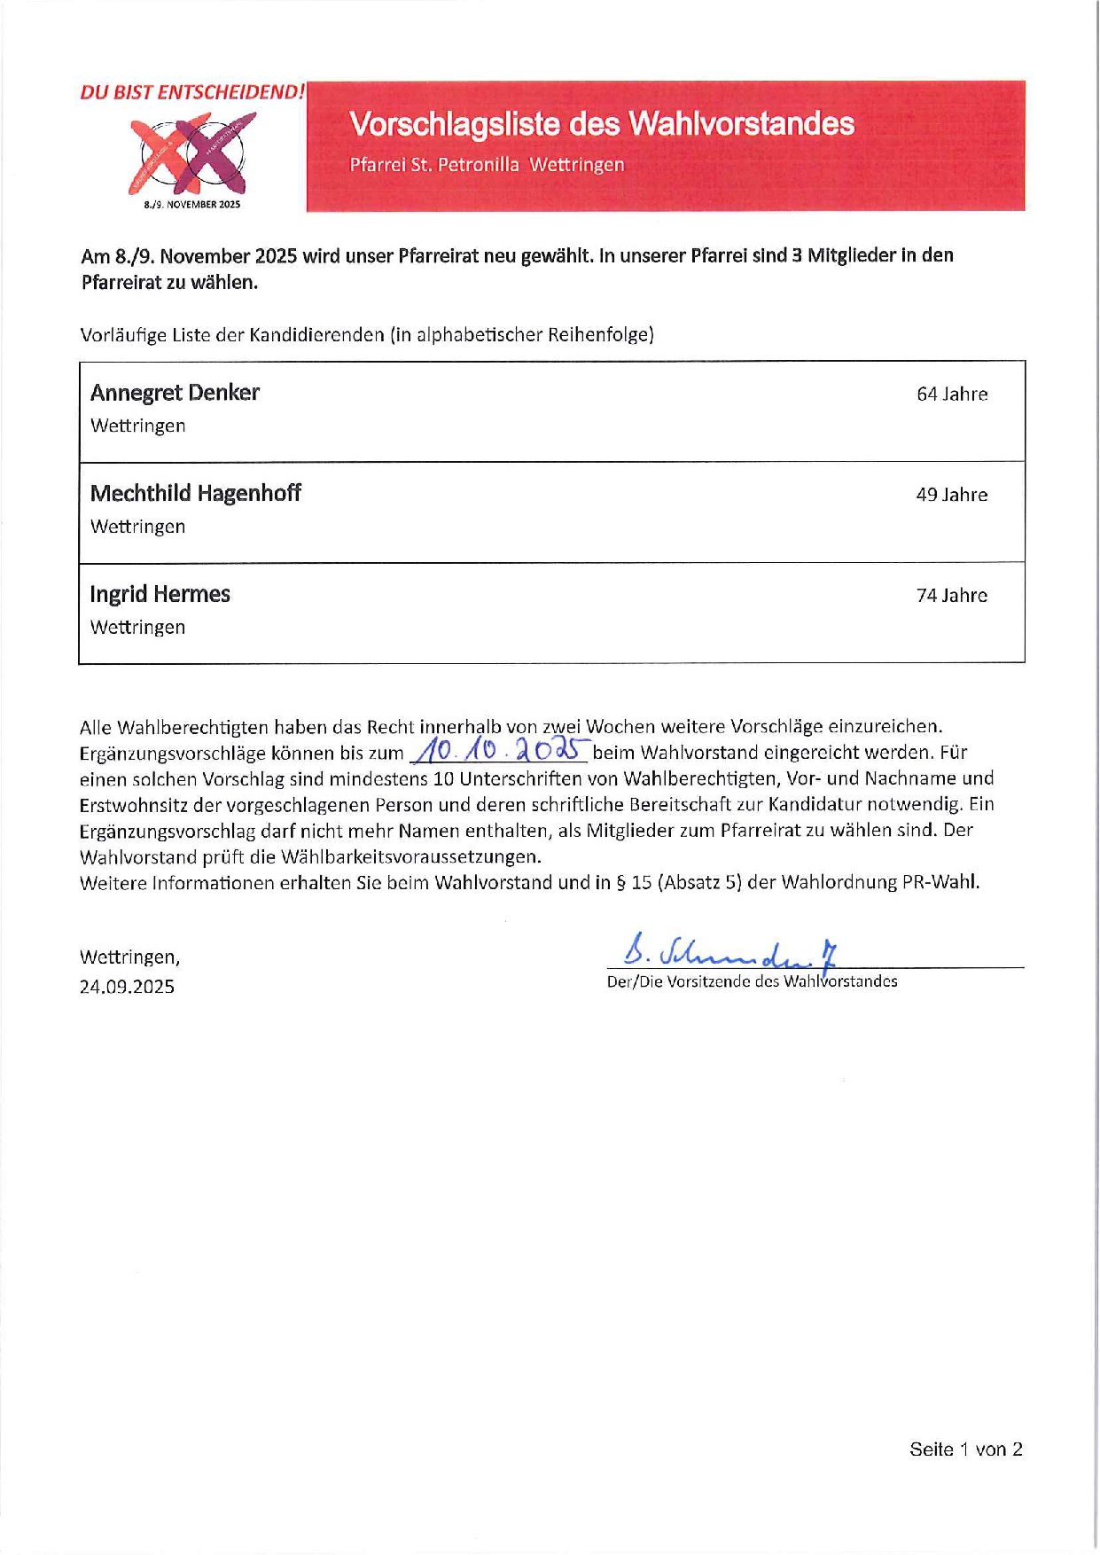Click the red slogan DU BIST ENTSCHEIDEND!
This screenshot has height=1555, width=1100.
[x=191, y=92]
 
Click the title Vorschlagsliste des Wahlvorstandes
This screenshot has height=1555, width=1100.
[x=602, y=124]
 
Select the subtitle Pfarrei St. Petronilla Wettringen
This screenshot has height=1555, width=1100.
[x=487, y=165]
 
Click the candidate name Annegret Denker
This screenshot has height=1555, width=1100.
[x=175, y=393]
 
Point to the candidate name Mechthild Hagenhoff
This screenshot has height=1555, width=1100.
[x=195, y=493]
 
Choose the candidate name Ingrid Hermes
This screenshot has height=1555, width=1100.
[x=160, y=594]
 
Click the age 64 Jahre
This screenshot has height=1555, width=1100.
[x=952, y=395]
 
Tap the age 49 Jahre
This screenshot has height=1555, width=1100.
[x=951, y=495]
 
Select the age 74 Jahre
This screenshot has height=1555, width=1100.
[x=951, y=596]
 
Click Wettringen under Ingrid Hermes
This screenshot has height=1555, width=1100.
[x=137, y=628]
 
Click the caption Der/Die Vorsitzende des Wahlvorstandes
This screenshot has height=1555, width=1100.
[x=752, y=981]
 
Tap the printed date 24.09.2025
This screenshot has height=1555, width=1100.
[x=127, y=987]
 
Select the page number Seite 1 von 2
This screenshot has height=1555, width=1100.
[x=965, y=1450]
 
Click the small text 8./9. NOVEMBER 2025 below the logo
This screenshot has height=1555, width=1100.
[x=192, y=205]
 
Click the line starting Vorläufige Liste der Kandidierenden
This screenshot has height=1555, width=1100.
[x=367, y=335]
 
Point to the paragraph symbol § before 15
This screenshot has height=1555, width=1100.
[x=620, y=883]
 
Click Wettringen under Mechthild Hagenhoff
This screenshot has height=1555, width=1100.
[x=137, y=527]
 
